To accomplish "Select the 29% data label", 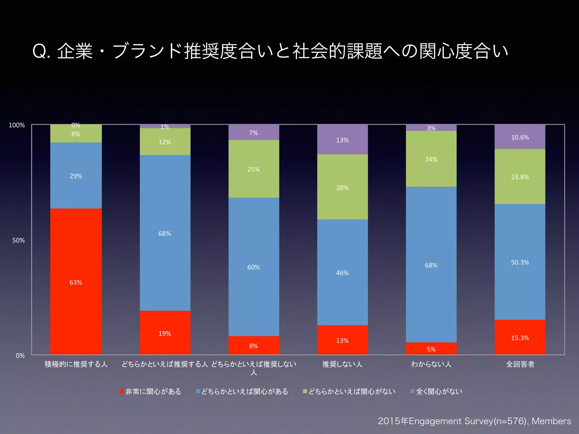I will (76, 176).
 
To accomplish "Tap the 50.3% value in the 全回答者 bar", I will (520, 262).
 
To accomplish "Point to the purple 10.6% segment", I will (520, 137).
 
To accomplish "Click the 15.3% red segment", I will (520, 338).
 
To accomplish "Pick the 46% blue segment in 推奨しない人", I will (342, 273).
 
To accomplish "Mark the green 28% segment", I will (342, 187).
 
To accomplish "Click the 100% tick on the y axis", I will (17, 125).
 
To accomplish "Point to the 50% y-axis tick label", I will (18, 240).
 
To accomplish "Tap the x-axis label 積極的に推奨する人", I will (76, 364).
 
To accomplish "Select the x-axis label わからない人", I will (431, 364).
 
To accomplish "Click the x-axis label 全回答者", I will (520, 364).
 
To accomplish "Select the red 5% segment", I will (431, 349).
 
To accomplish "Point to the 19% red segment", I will (165, 333).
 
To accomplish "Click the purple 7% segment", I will (254, 133).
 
